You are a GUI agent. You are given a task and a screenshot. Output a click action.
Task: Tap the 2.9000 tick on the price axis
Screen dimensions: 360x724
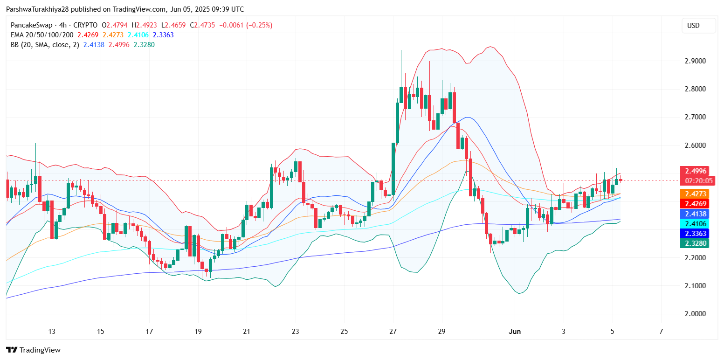click(695, 61)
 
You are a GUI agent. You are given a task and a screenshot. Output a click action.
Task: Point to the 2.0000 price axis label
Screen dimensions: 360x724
click(695, 314)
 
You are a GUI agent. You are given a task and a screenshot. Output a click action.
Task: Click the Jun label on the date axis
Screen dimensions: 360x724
click(514, 332)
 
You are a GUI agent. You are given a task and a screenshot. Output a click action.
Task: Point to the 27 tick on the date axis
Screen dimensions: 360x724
click(393, 332)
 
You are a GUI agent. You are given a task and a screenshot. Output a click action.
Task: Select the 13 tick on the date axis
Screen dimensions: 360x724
click(52, 332)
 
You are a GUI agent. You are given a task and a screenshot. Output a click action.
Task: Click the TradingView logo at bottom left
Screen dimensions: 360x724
click(33, 350)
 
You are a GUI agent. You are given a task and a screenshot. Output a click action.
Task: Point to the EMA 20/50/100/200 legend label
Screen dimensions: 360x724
click(42, 35)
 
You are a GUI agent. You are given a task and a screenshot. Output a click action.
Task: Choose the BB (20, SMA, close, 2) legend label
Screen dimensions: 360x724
click(45, 45)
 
